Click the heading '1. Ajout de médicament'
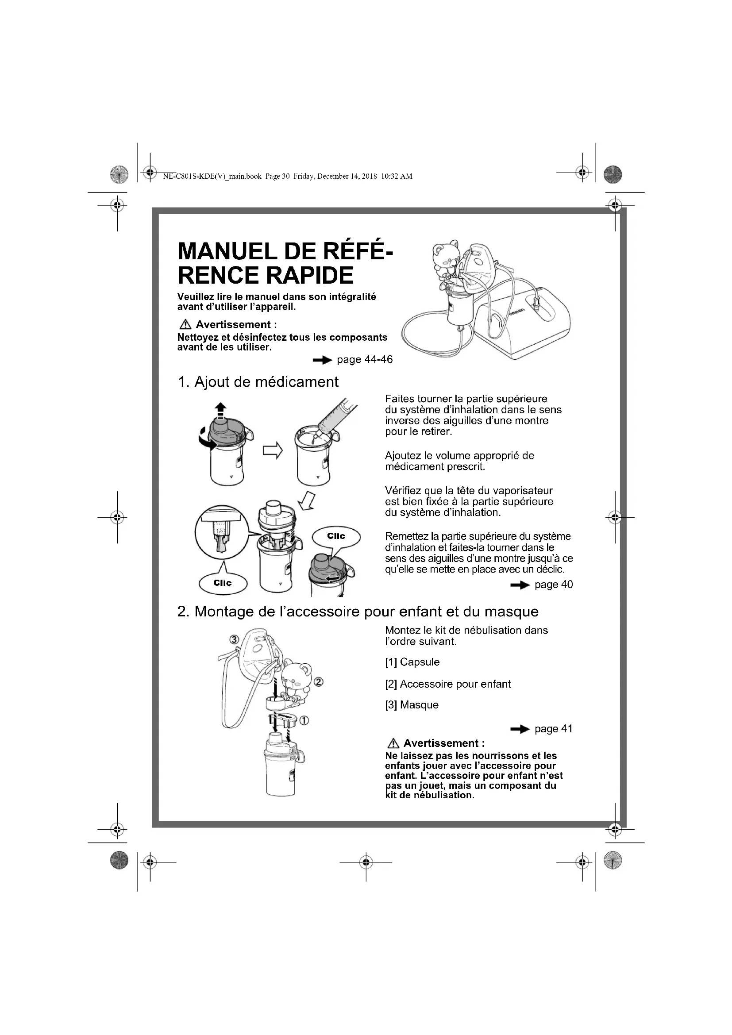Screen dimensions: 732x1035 pos(258,382)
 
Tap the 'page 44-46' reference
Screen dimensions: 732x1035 pos(364,359)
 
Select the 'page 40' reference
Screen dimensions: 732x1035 pos(553,585)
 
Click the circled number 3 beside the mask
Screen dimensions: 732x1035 pos(234,639)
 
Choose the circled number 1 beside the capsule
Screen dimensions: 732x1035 pos(304,720)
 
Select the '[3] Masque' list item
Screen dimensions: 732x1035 pos(412,704)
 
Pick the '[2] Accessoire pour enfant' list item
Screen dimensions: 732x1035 pos(447,684)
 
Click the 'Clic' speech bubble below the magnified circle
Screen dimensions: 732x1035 pos(223,583)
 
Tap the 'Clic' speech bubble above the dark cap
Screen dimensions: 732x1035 pos(336,536)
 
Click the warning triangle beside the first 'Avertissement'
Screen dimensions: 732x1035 pos(185,324)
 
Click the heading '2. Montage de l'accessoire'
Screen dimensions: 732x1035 pos(358,611)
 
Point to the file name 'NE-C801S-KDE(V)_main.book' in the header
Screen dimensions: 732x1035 pos(212,176)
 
